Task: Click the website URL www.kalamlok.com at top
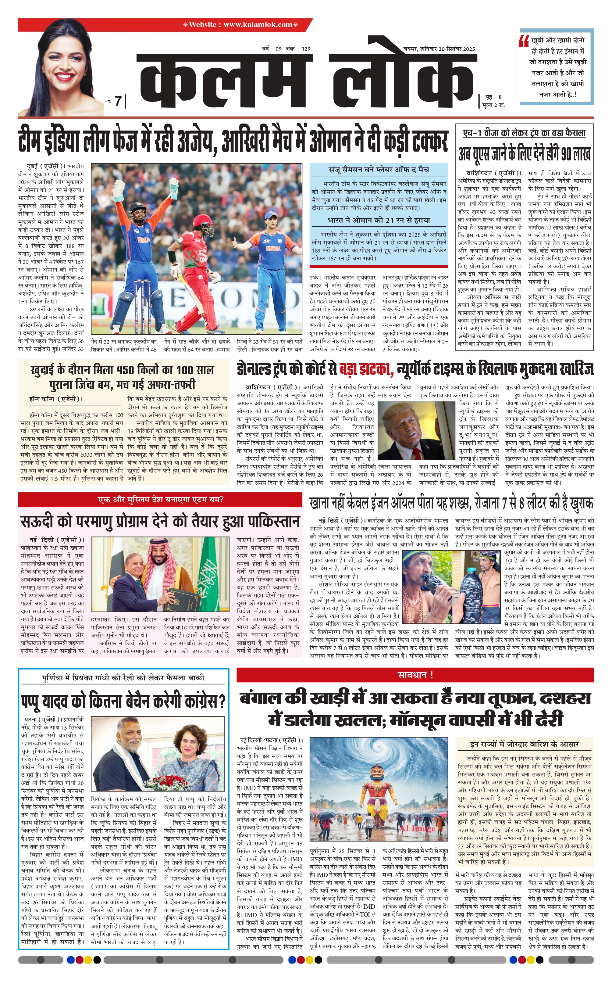tap(258, 25)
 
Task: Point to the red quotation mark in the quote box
tap(524, 41)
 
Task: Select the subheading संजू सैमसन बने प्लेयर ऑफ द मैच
tap(379, 170)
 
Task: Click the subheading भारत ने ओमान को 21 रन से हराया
tap(379, 220)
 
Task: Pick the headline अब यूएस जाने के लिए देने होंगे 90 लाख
tap(524, 154)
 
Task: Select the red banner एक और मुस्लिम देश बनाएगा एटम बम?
tap(160, 500)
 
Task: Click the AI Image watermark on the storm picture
tap(417, 828)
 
